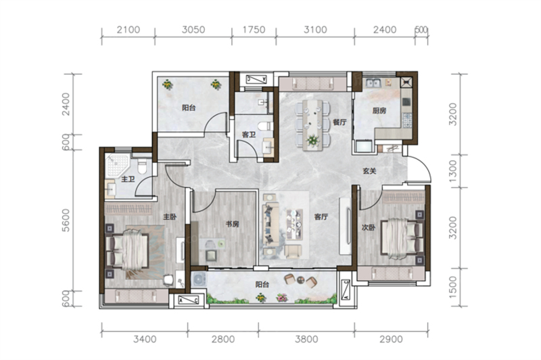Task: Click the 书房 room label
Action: click(x=232, y=224)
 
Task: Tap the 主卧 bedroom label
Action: click(x=170, y=217)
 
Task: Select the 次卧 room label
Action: click(x=369, y=227)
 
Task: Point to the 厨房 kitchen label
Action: click(x=379, y=111)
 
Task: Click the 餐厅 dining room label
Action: click(x=339, y=122)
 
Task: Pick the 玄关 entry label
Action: click(x=369, y=171)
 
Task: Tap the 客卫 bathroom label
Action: click(x=249, y=135)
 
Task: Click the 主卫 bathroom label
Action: click(x=128, y=179)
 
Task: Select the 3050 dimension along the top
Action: click(x=193, y=30)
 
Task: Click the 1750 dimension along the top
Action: click(x=254, y=30)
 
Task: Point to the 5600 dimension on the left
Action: click(x=66, y=220)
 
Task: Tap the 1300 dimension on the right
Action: click(x=453, y=171)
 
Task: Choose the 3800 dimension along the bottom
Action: click(x=306, y=340)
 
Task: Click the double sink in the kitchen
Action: click(x=373, y=83)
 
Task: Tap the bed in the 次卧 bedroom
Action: click(x=402, y=238)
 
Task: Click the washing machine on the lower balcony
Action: click(x=199, y=279)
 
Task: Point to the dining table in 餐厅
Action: click(x=312, y=126)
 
